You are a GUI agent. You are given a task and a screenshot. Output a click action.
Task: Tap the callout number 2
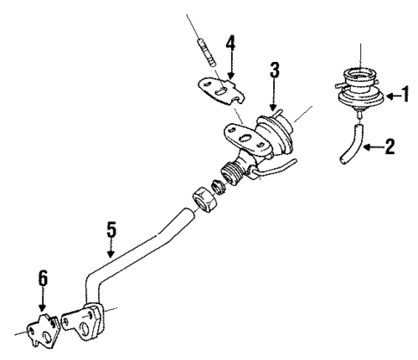[390, 146]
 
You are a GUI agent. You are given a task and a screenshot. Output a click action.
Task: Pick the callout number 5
[110, 232]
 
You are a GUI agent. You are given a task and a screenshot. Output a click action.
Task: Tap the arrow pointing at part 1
[391, 96]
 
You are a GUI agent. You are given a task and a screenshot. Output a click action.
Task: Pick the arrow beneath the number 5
[110, 250]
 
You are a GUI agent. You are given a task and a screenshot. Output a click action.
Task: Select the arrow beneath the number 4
[229, 65]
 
